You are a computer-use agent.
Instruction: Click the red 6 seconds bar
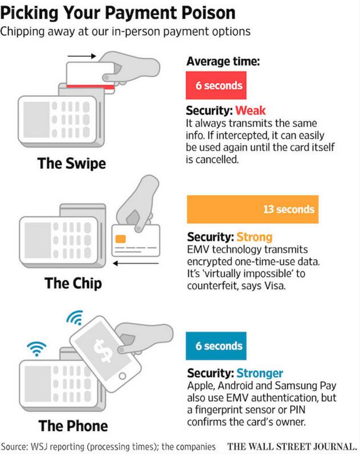point(216,85)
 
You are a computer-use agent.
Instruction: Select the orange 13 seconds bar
point(252,209)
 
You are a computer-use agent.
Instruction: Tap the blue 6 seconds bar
point(216,346)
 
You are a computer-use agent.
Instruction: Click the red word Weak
point(250,111)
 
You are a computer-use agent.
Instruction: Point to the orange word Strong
point(254,237)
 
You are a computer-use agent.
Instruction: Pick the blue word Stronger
point(260,373)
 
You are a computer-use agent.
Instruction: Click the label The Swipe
point(72,163)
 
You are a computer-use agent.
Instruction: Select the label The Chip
point(73,283)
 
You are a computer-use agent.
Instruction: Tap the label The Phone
point(73,426)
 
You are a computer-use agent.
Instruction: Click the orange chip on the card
point(121,239)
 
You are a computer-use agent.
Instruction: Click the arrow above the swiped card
point(81,56)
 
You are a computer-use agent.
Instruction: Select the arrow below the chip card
point(136,264)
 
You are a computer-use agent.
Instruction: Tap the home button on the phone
point(122,376)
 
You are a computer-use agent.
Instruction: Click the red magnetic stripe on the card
point(91,87)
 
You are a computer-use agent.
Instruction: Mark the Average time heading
point(223,62)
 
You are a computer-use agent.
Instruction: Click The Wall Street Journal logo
point(292,447)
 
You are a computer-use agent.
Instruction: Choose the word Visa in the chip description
point(275,286)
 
